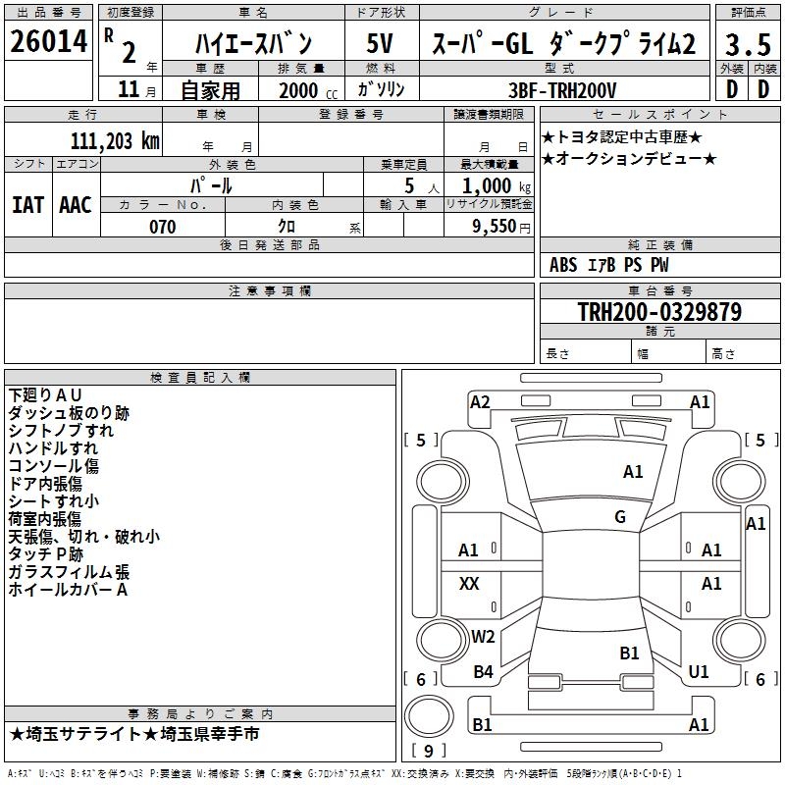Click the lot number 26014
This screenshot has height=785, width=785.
click(x=48, y=41)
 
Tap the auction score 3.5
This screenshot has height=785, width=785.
click(x=748, y=44)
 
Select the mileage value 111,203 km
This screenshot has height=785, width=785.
click(x=115, y=141)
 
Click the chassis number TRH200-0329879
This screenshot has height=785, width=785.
click(x=659, y=311)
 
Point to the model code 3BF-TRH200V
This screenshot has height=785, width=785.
click(x=562, y=90)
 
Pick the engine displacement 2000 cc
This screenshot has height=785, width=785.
click(x=308, y=90)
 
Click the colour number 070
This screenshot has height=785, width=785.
click(x=162, y=227)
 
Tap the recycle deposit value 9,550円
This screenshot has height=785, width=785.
click(x=501, y=227)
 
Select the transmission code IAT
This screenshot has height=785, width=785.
click(x=27, y=205)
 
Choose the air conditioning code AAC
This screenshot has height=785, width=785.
click(x=76, y=205)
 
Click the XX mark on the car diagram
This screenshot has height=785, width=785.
click(x=469, y=583)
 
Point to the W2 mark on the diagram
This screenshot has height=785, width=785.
click(x=483, y=636)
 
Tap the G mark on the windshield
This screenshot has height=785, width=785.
click(x=620, y=517)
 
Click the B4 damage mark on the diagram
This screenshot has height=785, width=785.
click(x=483, y=671)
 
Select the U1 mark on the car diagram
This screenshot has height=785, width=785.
click(x=699, y=671)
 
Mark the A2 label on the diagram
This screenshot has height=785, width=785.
click(x=480, y=402)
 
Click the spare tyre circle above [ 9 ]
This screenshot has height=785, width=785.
click(x=429, y=716)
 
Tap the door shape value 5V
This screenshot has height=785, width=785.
click(x=380, y=43)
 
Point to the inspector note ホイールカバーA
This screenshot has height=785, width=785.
click(x=68, y=590)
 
